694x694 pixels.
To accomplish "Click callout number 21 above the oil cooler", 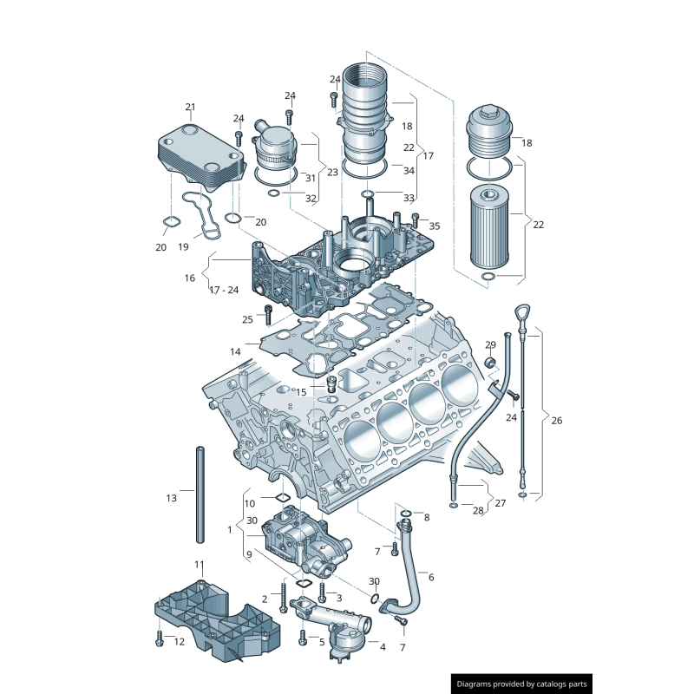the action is click(190, 107).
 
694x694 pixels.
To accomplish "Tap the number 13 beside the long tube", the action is click(171, 498).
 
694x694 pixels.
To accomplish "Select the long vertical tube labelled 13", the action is click(200, 494).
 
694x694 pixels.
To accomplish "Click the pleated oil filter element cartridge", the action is click(489, 226).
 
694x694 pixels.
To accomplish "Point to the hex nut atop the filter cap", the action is click(488, 111).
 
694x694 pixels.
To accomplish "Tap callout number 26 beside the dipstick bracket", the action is click(556, 421).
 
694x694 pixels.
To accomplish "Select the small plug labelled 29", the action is click(490, 362).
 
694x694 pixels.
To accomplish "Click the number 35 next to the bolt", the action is click(435, 226).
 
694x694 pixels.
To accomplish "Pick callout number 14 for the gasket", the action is click(235, 352).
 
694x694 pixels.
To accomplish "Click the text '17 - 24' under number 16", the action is click(224, 290).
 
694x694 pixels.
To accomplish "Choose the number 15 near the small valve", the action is click(301, 392).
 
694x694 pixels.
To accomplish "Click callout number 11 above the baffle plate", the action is click(200, 565).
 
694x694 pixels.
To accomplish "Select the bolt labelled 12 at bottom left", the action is click(160, 638).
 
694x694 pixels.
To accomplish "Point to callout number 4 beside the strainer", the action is click(383, 647).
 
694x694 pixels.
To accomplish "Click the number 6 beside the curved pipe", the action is click(431, 577).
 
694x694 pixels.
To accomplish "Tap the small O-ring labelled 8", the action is click(405, 514).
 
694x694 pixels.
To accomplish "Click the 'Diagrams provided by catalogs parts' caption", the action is click(522, 684).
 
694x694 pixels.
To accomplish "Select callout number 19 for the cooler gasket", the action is click(183, 247).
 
